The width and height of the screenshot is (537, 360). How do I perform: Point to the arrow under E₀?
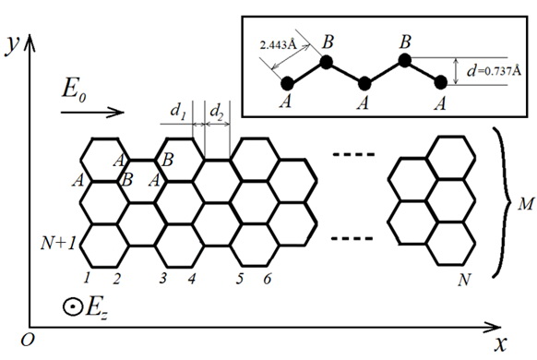pyautogui.click(x=92, y=114)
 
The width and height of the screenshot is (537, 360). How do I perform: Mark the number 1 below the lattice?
pyautogui.click(x=87, y=277)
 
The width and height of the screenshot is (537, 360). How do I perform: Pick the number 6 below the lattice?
pyautogui.click(x=268, y=278)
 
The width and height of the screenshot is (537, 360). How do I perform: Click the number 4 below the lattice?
pyautogui.click(x=192, y=278)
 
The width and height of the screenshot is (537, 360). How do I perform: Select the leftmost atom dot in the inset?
pyautogui.click(x=287, y=84)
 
